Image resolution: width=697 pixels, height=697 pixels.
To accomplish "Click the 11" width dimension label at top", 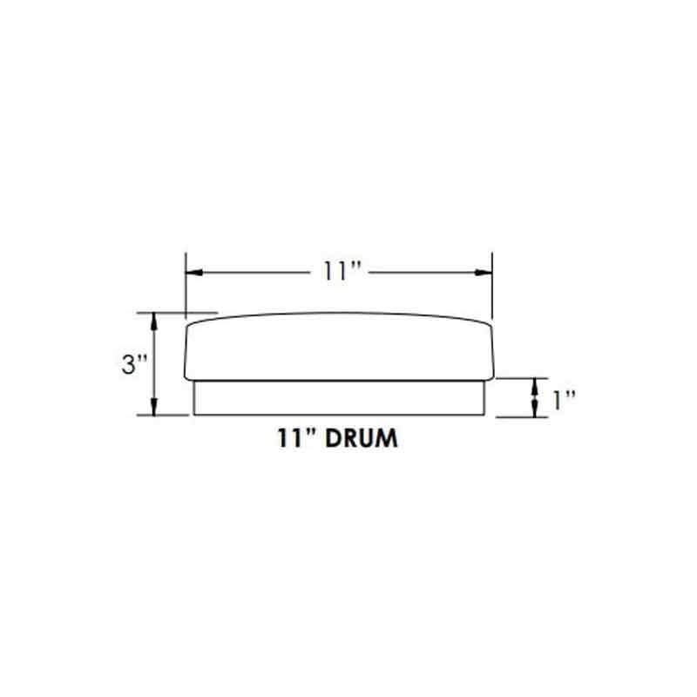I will (x=338, y=272).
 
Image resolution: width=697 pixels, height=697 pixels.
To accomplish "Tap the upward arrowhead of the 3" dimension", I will (x=155, y=320).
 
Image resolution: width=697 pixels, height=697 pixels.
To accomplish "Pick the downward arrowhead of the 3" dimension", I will (x=155, y=408).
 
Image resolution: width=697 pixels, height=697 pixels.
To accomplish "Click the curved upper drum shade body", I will (x=340, y=348).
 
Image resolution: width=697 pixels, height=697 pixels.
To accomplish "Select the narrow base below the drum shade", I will (x=340, y=398).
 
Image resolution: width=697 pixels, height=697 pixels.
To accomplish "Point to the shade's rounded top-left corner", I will (x=193, y=326).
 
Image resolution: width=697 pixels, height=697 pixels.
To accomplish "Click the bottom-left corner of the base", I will (x=193, y=415).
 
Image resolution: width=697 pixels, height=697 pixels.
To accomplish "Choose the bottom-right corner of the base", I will (x=486, y=415).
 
